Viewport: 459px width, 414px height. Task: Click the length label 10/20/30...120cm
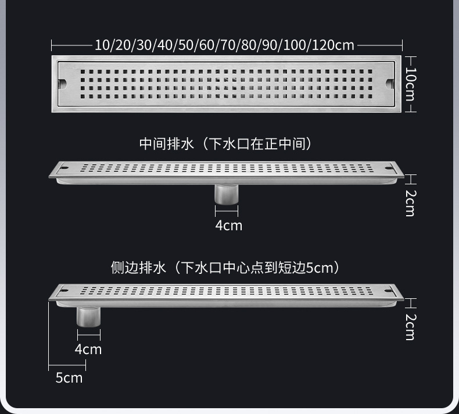pos(224,45)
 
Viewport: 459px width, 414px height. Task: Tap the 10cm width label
pos(410,84)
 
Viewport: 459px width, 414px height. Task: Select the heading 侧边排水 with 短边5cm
pos(225,267)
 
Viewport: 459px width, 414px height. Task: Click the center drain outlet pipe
pos(226,194)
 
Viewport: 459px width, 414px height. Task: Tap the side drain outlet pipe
pos(88,316)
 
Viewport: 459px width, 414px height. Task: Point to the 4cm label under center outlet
pos(228,225)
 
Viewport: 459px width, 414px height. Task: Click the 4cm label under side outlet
pos(88,349)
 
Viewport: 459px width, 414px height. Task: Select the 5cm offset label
pos(69,377)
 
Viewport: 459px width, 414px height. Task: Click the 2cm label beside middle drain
pos(410,203)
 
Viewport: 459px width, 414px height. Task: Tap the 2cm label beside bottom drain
pos(410,326)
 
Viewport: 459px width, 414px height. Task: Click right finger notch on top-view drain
pos(390,84)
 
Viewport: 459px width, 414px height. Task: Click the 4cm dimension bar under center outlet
pos(226,212)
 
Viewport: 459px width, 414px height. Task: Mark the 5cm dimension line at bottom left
pos(67,366)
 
